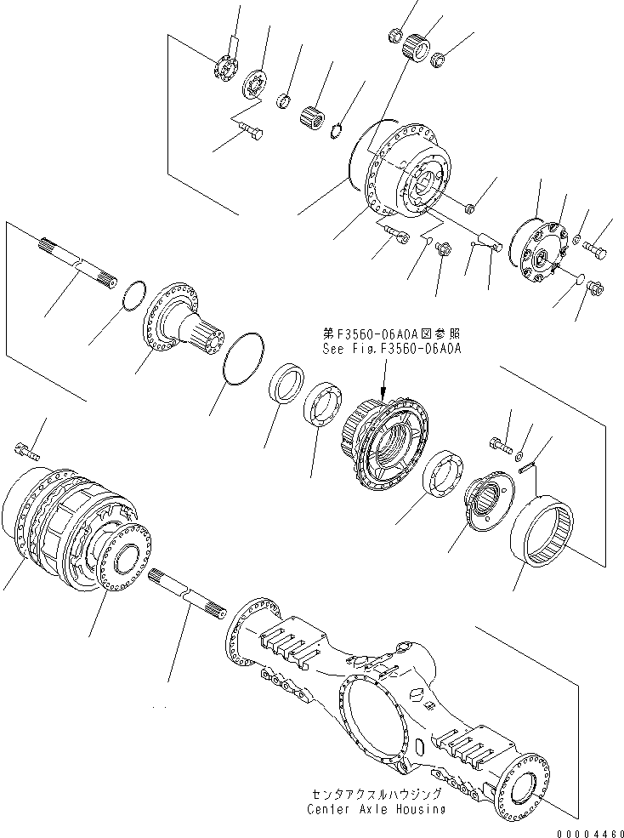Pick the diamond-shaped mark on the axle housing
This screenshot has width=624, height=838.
click(417, 693)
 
